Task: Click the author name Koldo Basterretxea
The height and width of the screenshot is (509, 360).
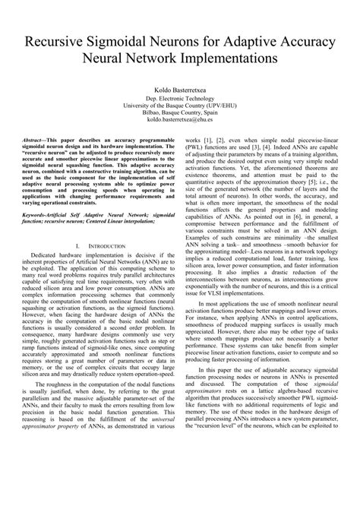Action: click(180, 90)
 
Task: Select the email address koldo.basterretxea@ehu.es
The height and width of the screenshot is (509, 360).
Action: click(180, 119)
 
